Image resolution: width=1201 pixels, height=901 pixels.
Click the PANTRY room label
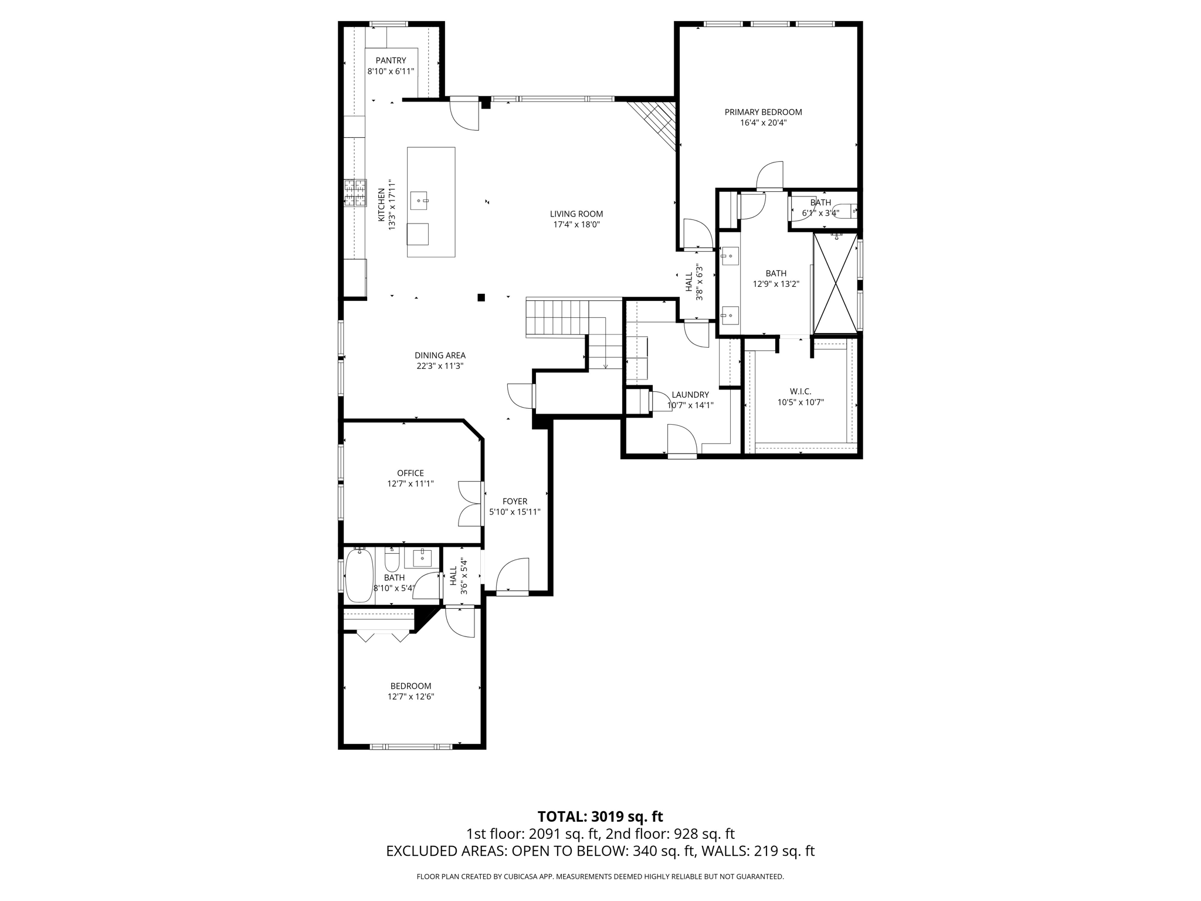pos(391,60)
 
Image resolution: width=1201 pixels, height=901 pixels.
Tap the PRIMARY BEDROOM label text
pos(763,112)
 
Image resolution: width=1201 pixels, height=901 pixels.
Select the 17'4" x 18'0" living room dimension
pos(576,225)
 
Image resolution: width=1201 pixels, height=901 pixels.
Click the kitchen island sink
pos(419,201)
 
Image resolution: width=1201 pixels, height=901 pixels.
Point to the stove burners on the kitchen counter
pos(355,193)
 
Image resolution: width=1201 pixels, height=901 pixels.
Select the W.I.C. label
pos(800,391)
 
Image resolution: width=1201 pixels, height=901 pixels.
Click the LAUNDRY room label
pos(690,395)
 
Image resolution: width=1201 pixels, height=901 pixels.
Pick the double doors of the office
pos(470,503)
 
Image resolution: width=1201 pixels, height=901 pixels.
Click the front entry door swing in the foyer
pos(513,576)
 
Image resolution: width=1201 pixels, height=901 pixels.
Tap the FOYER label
pos(515,502)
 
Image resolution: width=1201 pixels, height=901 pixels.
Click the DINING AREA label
pos(440,355)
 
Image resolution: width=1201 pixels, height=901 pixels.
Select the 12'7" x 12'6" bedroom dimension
pos(410,697)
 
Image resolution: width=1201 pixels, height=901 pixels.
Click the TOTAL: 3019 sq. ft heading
pos(600,817)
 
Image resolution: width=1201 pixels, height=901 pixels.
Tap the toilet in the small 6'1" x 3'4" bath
pos(846,211)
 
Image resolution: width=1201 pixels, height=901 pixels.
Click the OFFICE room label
pos(410,473)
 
